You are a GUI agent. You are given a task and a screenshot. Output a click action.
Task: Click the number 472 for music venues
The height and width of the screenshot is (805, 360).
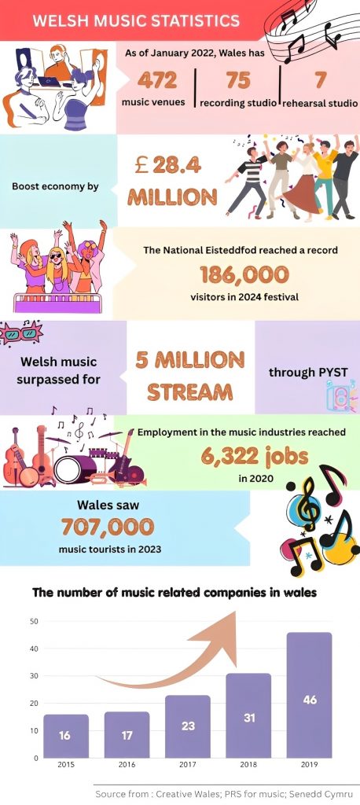[x=156, y=80]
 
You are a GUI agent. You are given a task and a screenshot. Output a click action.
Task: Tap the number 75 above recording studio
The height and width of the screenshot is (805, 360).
[x=238, y=80]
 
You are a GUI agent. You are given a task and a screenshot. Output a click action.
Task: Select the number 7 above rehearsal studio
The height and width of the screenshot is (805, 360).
[x=321, y=80]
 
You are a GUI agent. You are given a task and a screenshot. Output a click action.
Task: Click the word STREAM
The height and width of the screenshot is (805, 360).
[x=190, y=391]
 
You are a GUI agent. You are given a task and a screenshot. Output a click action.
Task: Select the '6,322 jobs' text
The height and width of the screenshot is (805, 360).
[x=254, y=456]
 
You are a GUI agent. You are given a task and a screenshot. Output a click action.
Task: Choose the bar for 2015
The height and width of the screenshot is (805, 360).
[x=66, y=736]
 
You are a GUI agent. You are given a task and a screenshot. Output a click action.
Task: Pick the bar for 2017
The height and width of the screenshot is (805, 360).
[x=187, y=726]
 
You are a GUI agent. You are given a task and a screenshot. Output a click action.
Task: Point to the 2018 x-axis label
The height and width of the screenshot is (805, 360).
[x=248, y=764]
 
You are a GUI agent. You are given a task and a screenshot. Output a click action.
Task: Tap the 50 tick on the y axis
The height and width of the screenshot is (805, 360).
[x=35, y=621]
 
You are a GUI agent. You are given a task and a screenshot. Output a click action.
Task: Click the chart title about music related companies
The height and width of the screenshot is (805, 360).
[x=174, y=593]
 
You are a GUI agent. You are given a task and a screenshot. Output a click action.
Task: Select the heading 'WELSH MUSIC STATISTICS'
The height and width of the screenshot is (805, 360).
[x=135, y=20]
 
